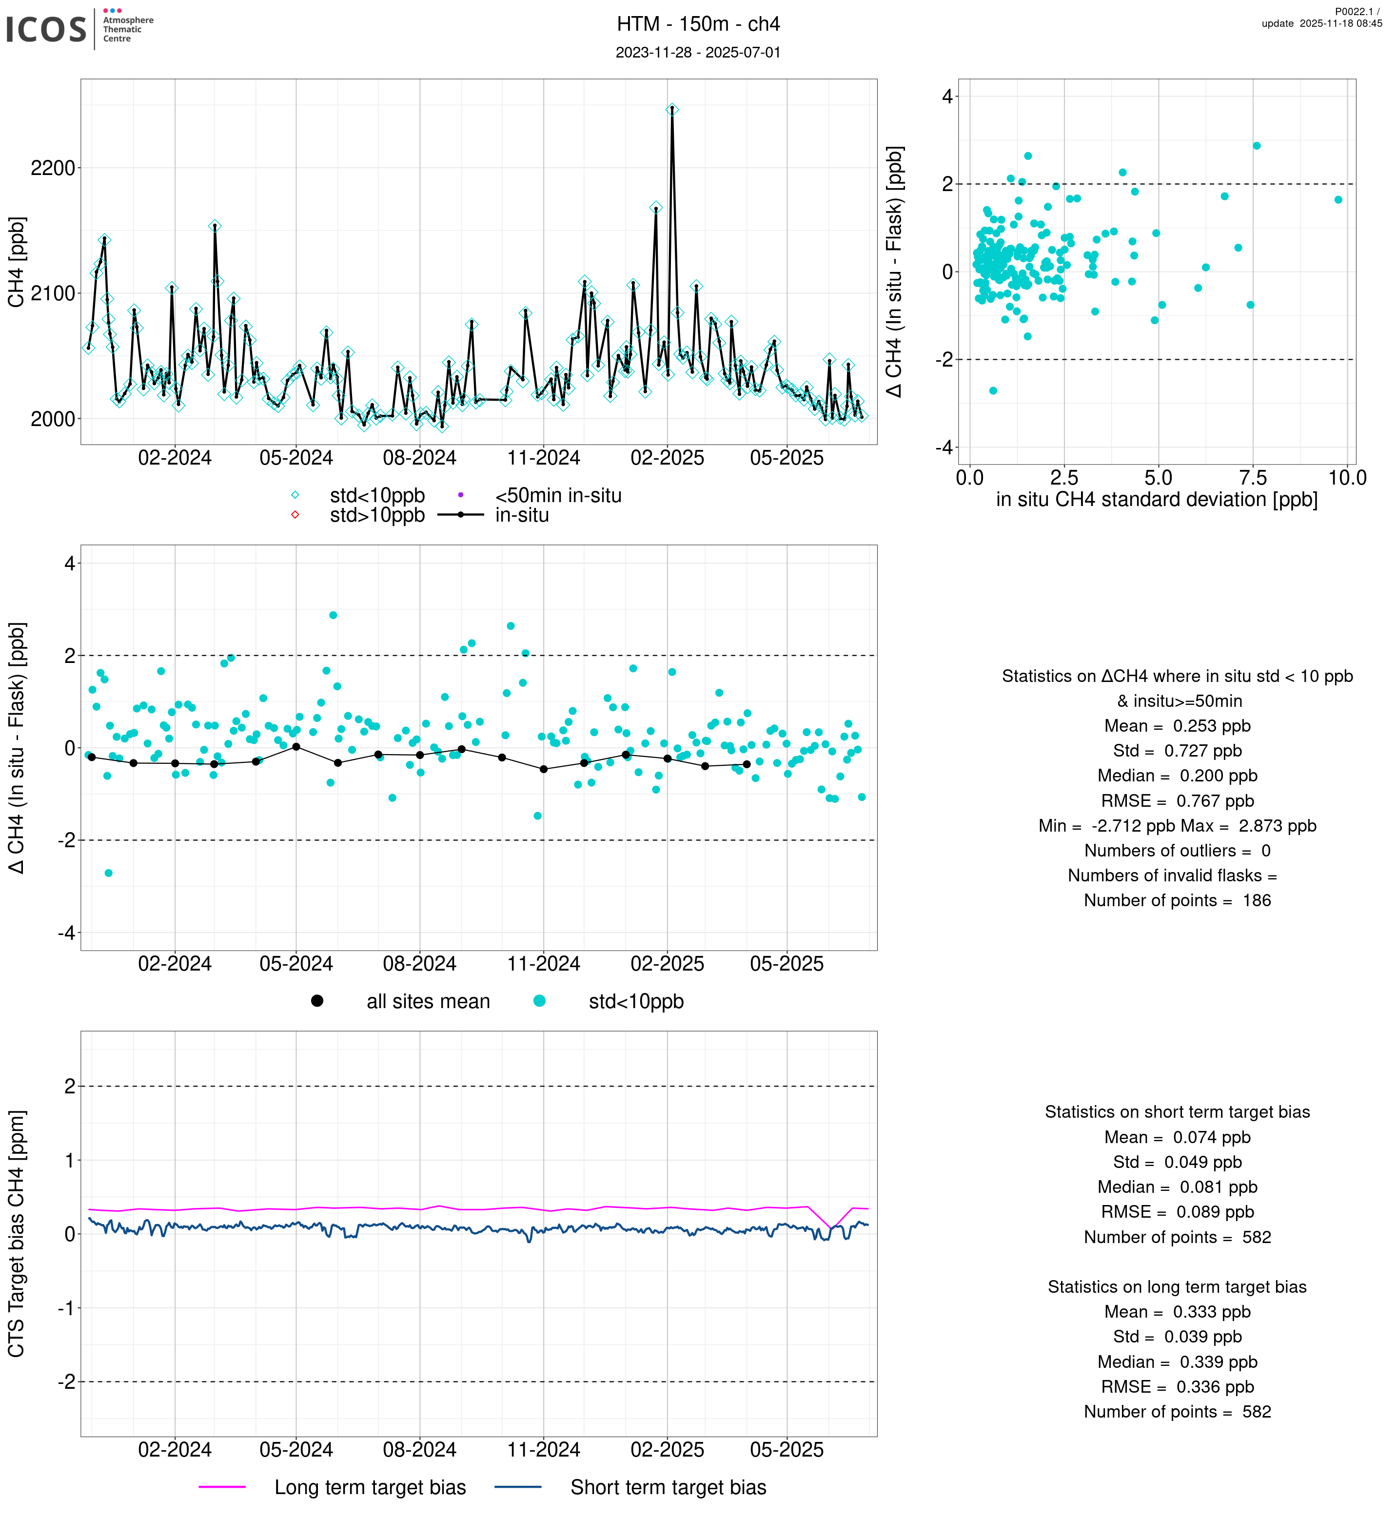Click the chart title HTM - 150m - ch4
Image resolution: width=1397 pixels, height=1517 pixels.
point(698,24)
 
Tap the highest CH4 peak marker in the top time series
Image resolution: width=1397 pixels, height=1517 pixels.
point(672,110)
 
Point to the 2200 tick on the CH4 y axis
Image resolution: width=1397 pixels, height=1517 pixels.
point(53,168)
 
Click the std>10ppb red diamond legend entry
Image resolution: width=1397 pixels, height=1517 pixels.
point(295,515)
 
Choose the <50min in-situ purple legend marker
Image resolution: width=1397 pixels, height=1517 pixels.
point(460,495)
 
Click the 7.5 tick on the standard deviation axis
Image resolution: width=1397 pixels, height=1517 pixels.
point(1253,478)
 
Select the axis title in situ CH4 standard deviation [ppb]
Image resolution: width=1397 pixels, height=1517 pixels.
point(1157,500)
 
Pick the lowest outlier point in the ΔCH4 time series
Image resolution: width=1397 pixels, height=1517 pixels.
point(108,873)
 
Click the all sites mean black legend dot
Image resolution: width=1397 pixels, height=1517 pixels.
point(317,1001)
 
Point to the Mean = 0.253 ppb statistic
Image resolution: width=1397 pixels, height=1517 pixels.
point(1177,726)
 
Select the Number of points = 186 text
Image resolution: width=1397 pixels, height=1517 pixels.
point(1177,900)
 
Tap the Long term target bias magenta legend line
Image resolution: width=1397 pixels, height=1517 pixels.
point(222,1487)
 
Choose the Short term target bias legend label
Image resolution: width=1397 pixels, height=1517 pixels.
point(668,1487)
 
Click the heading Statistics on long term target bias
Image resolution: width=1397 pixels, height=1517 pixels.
point(1177,1286)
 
